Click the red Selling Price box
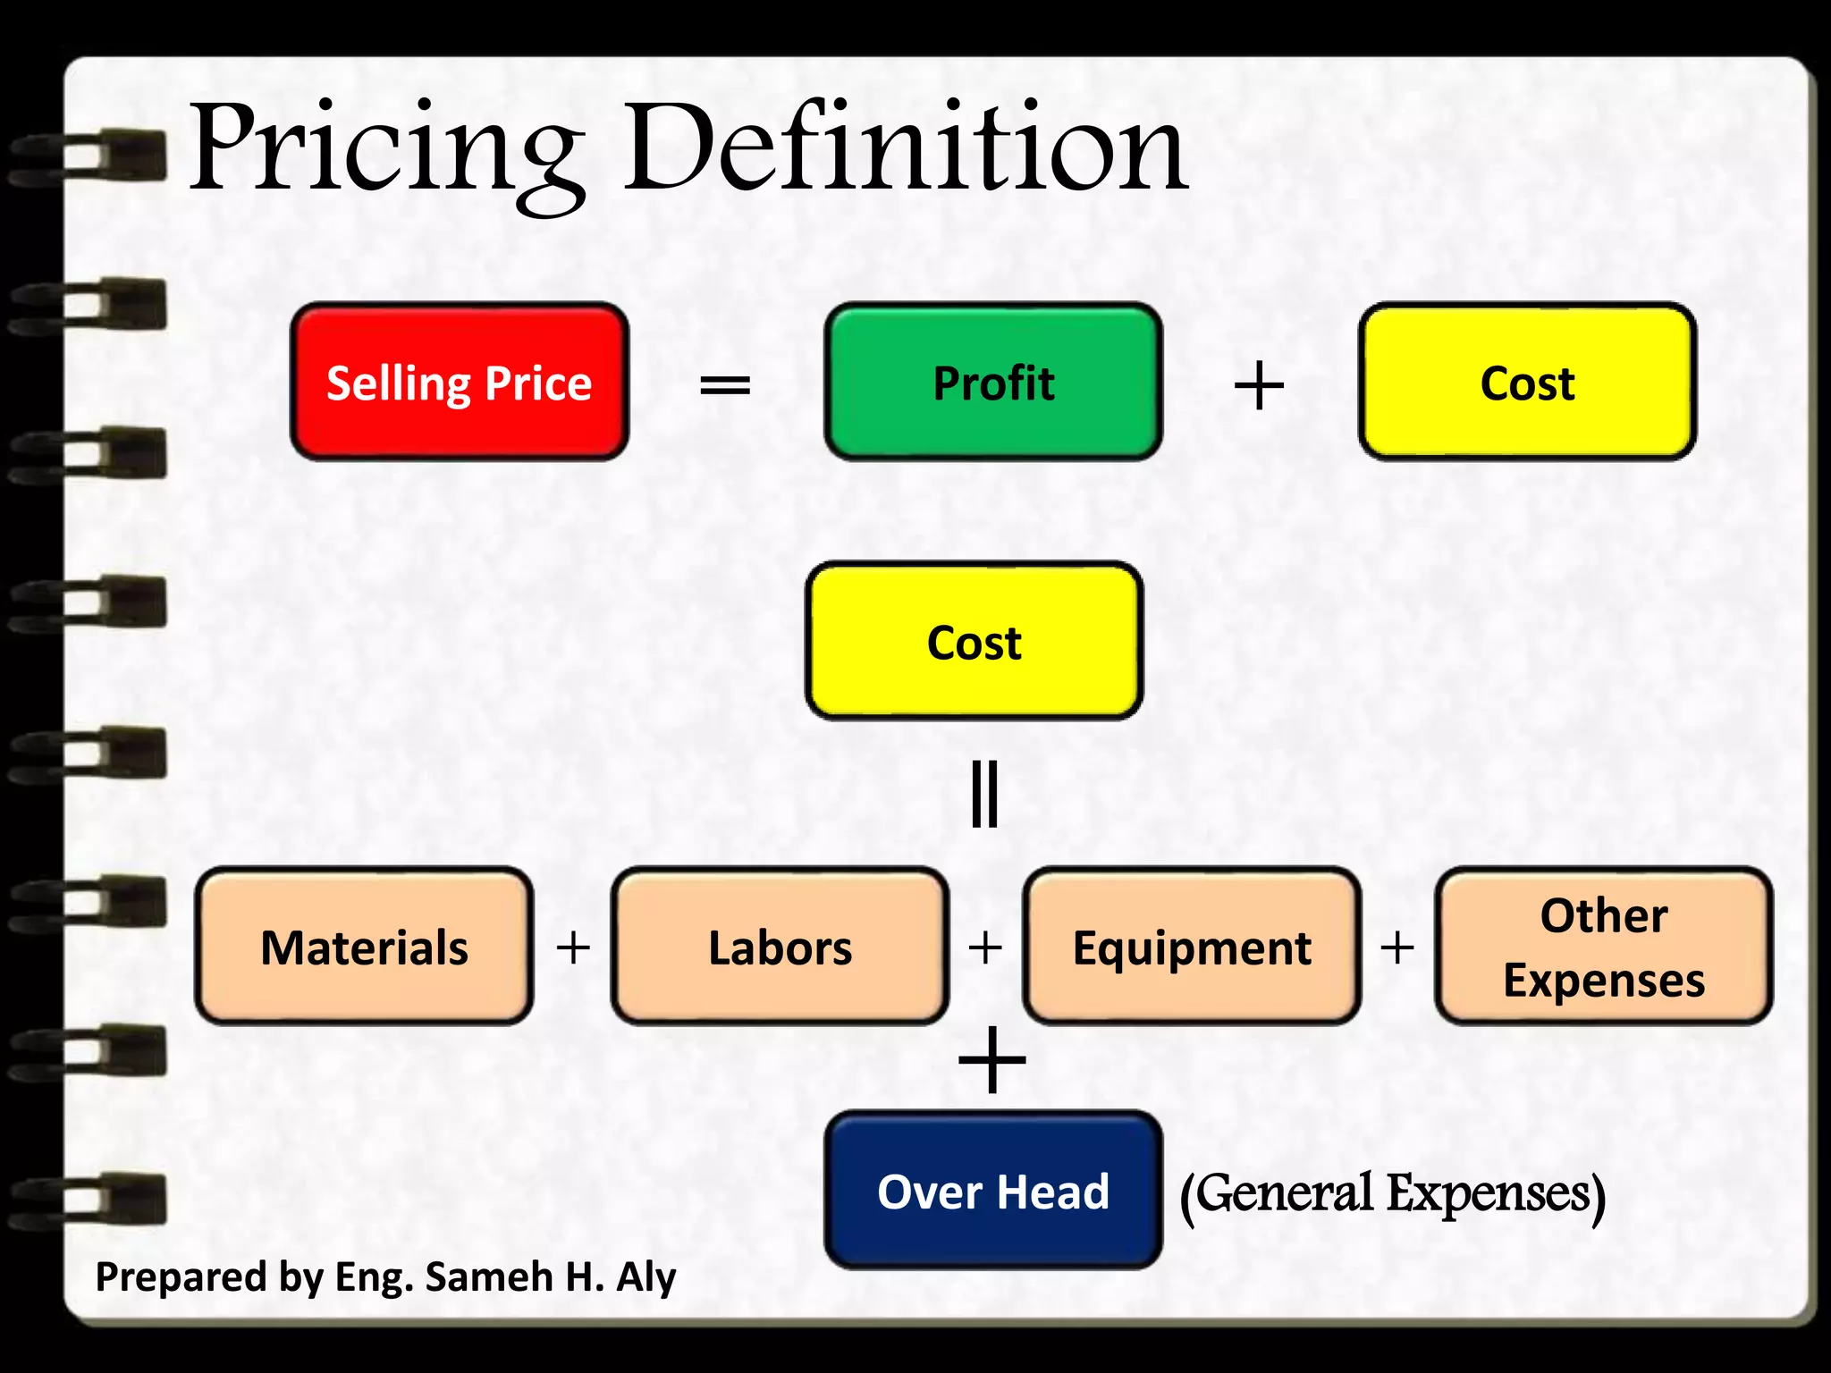click(x=460, y=383)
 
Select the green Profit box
click(x=993, y=383)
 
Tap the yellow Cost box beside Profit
click(x=1527, y=383)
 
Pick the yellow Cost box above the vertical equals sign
click(x=975, y=642)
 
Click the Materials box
click(x=364, y=947)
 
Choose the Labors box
click(x=780, y=947)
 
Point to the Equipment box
click(x=1192, y=947)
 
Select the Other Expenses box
click(x=1604, y=947)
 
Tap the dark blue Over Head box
click(x=993, y=1191)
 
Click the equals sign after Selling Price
click(x=725, y=386)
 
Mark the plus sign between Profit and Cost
click(x=1259, y=386)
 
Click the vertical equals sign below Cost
click(x=984, y=794)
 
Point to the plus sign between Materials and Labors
click(x=573, y=948)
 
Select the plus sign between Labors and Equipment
click(x=985, y=948)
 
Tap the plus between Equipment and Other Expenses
click(x=1397, y=948)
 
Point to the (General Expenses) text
click(x=1392, y=1193)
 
